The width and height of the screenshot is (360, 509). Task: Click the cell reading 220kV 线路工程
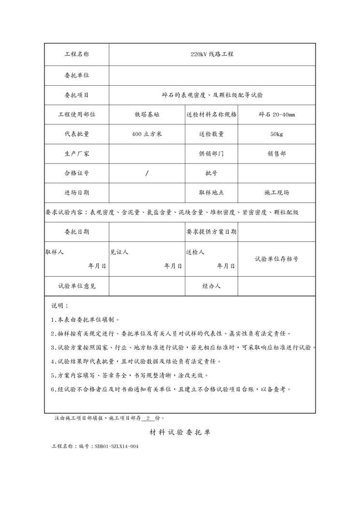(x=212, y=54)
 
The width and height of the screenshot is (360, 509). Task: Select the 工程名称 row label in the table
(x=77, y=54)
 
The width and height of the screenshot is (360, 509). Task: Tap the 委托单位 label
(x=77, y=75)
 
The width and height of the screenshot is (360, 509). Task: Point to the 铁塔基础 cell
(x=147, y=114)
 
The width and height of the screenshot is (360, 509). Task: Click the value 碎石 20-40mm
(x=277, y=114)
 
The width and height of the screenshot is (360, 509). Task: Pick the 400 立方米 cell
(x=147, y=134)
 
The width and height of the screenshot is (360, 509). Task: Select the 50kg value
(x=277, y=134)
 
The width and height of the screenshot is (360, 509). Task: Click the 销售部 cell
(x=277, y=153)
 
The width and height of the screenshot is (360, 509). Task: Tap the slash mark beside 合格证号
(x=147, y=173)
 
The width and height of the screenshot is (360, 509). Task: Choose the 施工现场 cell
(x=277, y=193)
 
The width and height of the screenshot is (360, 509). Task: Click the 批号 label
(x=211, y=173)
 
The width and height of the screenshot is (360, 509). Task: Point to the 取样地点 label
(x=211, y=193)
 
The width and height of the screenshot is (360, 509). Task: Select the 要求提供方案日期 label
(x=211, y=232)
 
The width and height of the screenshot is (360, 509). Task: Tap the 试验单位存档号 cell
(x=277, y=259)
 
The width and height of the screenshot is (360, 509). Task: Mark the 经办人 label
(x=211, y=286)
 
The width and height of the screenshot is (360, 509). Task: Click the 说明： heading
(x=60, y=306)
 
